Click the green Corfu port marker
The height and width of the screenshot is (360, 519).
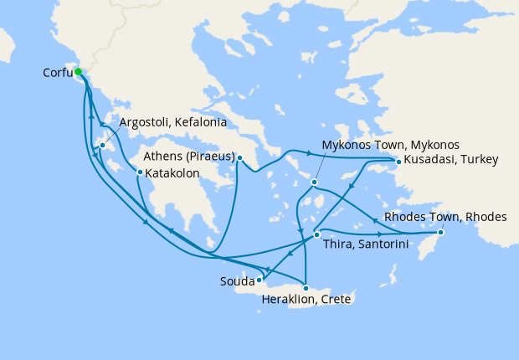[78, 72]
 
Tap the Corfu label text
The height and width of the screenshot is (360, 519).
[57, 73]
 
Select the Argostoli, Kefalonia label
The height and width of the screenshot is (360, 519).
[172, 122]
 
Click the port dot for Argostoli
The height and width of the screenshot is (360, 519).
[102, 146]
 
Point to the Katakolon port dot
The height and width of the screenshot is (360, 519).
[139, 172]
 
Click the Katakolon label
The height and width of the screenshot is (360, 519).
[177, 173]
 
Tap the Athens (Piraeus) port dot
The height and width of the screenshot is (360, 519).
[239, 157]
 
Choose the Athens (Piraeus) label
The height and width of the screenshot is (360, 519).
[188, 157]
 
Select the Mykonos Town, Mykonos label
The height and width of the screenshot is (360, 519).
[391, 144]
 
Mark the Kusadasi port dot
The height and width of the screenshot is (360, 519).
[398, 161]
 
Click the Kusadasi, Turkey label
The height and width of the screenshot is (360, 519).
[451, 160]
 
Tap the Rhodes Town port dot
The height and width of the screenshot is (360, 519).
[442, 233]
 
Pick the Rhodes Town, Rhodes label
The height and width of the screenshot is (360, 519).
[445, 217]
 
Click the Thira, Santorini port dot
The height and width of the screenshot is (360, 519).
[316, 234]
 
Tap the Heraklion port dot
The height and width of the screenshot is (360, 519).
[306, 288]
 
